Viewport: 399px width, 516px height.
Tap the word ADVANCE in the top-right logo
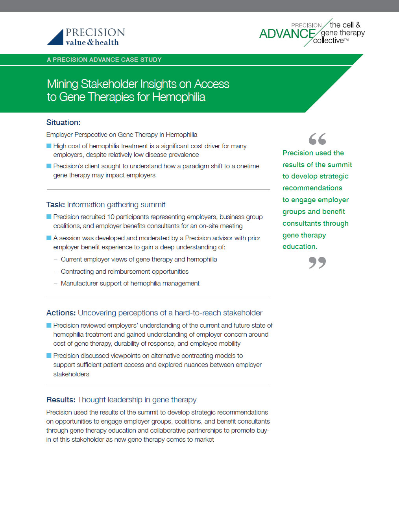(287, 34)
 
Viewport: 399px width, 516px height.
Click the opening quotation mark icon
(317, 139)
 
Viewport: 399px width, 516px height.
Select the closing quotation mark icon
(317, 262)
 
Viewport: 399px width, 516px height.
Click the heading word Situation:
(63, 122)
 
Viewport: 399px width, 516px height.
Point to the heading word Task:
(55, 205)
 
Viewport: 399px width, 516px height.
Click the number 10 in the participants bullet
(111, 217)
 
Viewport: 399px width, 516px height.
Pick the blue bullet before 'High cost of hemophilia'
(49, 146)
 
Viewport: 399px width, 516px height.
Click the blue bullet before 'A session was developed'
(49, 238)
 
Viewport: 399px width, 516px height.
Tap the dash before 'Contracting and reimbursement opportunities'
(56, 271)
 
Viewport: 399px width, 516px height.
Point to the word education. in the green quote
(300, 247)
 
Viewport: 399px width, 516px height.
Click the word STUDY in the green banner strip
(151, 60)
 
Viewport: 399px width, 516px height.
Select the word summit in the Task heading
(153, 205)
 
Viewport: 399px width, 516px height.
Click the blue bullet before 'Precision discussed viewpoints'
(49, 356)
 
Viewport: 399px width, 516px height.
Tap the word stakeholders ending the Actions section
(71, 374)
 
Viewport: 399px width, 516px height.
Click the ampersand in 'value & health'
(90, 42)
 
